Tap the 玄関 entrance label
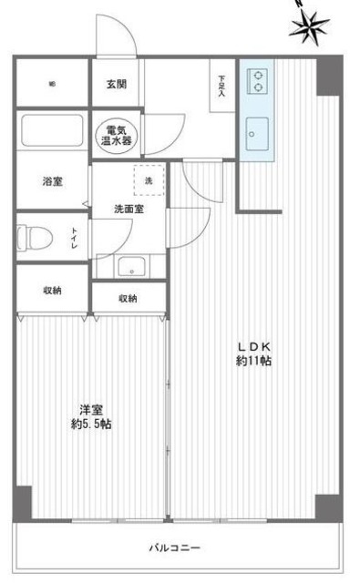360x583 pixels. (116, 85)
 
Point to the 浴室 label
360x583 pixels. (52, 182)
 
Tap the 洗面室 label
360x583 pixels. (127, 209)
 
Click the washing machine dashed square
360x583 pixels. (149, 179)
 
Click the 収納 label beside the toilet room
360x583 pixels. (52, 290)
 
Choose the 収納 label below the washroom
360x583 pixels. (128, 298)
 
